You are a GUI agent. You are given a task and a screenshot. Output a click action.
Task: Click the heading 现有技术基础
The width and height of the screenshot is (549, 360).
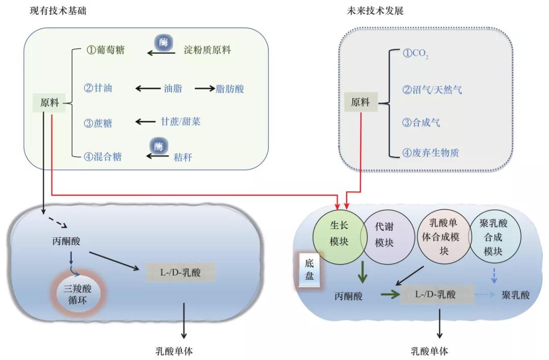click(x=58, y=10)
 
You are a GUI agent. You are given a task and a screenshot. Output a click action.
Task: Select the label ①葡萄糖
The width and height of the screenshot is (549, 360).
click(x=105, y=50)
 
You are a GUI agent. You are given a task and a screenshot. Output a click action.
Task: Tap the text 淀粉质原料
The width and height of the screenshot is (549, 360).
click(x=207, y=50)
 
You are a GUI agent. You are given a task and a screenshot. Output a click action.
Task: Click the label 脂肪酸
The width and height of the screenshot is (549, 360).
click(x=230, y=88)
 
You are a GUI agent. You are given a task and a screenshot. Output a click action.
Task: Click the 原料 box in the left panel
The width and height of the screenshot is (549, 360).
click(x=49, y=103)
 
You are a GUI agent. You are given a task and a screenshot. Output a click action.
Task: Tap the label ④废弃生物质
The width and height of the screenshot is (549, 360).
click(x=431, y=152)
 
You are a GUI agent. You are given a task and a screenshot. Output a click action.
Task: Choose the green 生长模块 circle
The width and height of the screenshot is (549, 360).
click(x=339, y=235)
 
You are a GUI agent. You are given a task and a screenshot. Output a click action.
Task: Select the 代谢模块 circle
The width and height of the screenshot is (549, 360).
click(x=384, y=235)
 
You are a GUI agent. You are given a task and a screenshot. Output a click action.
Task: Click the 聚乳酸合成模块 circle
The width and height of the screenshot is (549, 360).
click(x=493, y=237)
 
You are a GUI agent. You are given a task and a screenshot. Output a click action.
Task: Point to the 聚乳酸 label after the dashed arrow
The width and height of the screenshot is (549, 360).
click(x=515, y=295)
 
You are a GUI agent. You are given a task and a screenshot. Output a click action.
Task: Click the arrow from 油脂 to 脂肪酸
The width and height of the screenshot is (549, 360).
click(x=205, y=88)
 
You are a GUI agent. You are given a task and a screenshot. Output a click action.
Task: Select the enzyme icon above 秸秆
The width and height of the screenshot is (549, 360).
click(x=159, y=147)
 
